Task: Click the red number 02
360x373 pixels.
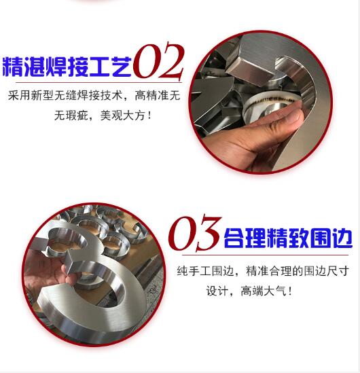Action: [x=158, y=61]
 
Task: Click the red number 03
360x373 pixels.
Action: [x=194, y=234]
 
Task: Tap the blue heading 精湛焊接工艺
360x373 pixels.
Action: [x=67, y=67]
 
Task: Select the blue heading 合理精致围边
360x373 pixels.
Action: [x=288, y=238]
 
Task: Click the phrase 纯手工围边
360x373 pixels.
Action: [x=205, y=271]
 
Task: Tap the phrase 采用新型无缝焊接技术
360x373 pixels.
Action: [x=65, y=96]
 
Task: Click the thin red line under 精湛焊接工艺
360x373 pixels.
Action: [x=98, y=82]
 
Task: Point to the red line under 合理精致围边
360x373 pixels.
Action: [x=265, y=255]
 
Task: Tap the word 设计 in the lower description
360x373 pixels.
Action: [x=217, y=291]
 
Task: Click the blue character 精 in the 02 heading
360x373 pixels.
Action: [x=13, y=67]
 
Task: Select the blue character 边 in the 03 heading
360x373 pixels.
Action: [x=342, y=238]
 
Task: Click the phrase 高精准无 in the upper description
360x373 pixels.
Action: [x=157, y=96]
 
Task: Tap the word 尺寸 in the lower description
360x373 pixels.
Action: [x=338, y=271]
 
